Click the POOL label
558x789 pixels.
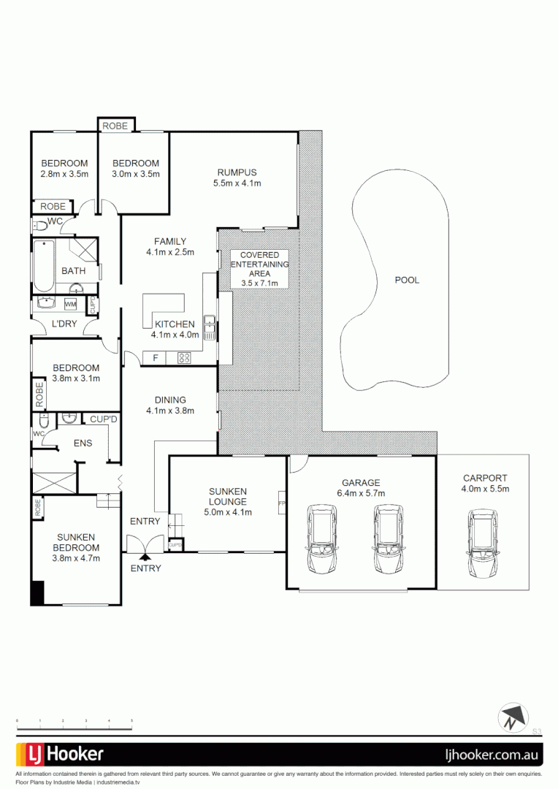407,280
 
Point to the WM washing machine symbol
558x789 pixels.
71,303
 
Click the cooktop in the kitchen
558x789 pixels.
184,358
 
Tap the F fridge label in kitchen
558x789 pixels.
155,358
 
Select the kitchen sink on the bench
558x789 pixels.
209,327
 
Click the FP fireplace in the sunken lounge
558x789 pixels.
281,503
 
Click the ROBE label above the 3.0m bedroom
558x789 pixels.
115,126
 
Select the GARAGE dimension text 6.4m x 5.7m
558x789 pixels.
361,493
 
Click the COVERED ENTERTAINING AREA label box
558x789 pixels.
259,268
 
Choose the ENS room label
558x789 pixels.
83,443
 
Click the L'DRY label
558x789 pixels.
65,324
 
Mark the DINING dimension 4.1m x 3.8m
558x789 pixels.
170,411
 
